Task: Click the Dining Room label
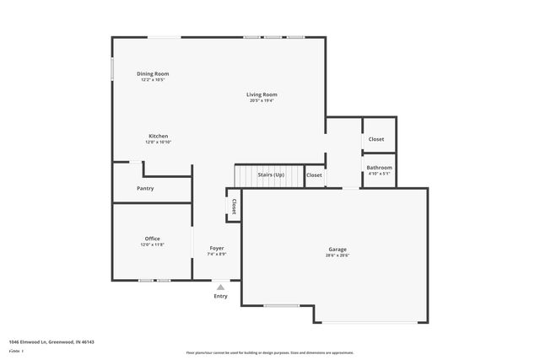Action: coord(153,74)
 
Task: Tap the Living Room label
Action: coord(262,94)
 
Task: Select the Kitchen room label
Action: coord(159,136)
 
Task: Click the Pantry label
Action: coord(145,188)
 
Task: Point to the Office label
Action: coord(153,239)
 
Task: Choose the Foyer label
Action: coord(217,248)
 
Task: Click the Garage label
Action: coord(338,249)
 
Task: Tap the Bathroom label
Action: coord(379,168)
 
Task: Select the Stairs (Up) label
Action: coord(271,175)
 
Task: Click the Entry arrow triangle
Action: coord(220,287)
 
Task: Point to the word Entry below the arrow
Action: coord(220,296)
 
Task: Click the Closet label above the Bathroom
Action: coord(376,139)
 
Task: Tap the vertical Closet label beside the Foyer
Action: coord(234,207)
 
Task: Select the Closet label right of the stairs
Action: coord(314,175)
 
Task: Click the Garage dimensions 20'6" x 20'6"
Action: coord(338,255)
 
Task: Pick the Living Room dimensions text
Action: coord(262,101)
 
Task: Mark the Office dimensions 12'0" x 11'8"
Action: coord(153,244)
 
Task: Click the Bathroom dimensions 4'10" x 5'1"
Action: coord(379,175)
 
